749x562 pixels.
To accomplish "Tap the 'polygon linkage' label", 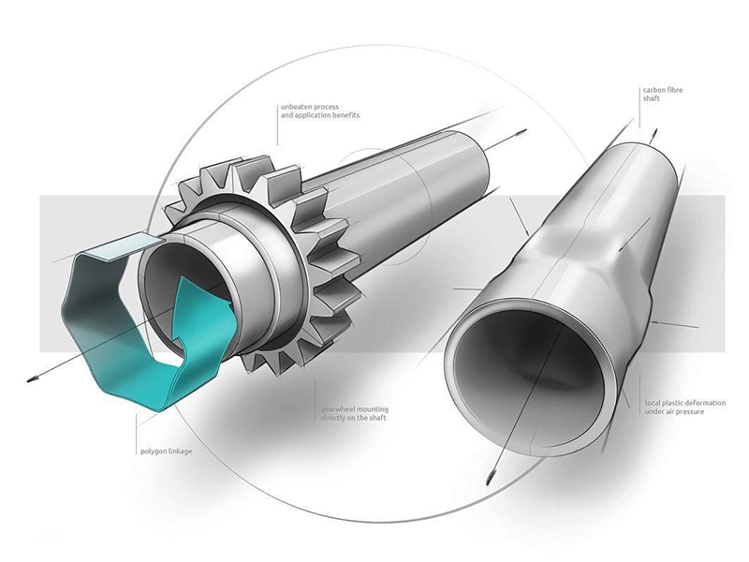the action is (x=167, y=451).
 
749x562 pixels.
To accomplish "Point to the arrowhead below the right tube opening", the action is (x=490, y=478).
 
